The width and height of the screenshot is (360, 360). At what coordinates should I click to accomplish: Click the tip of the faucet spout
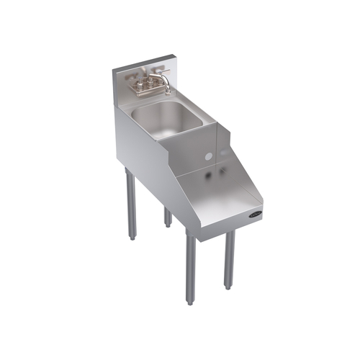(168, 92)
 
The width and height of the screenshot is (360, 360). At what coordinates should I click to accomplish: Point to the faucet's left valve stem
(136, 84)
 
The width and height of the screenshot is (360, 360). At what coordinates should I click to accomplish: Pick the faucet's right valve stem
(153, 80)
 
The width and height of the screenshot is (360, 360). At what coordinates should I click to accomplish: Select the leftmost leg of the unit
(130, 204)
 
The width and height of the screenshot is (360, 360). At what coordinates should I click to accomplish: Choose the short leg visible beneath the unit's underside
(167, 216)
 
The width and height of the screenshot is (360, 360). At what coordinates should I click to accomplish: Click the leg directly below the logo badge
(229, 259)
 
